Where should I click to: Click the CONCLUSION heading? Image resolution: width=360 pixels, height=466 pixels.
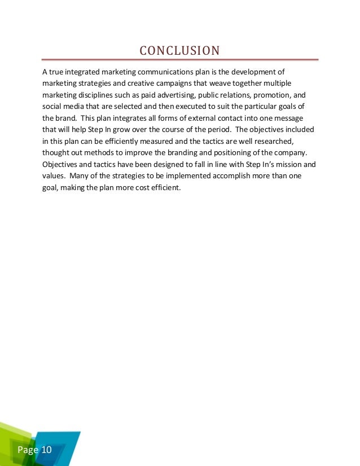179,51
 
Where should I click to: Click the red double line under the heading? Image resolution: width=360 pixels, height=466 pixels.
179,60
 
